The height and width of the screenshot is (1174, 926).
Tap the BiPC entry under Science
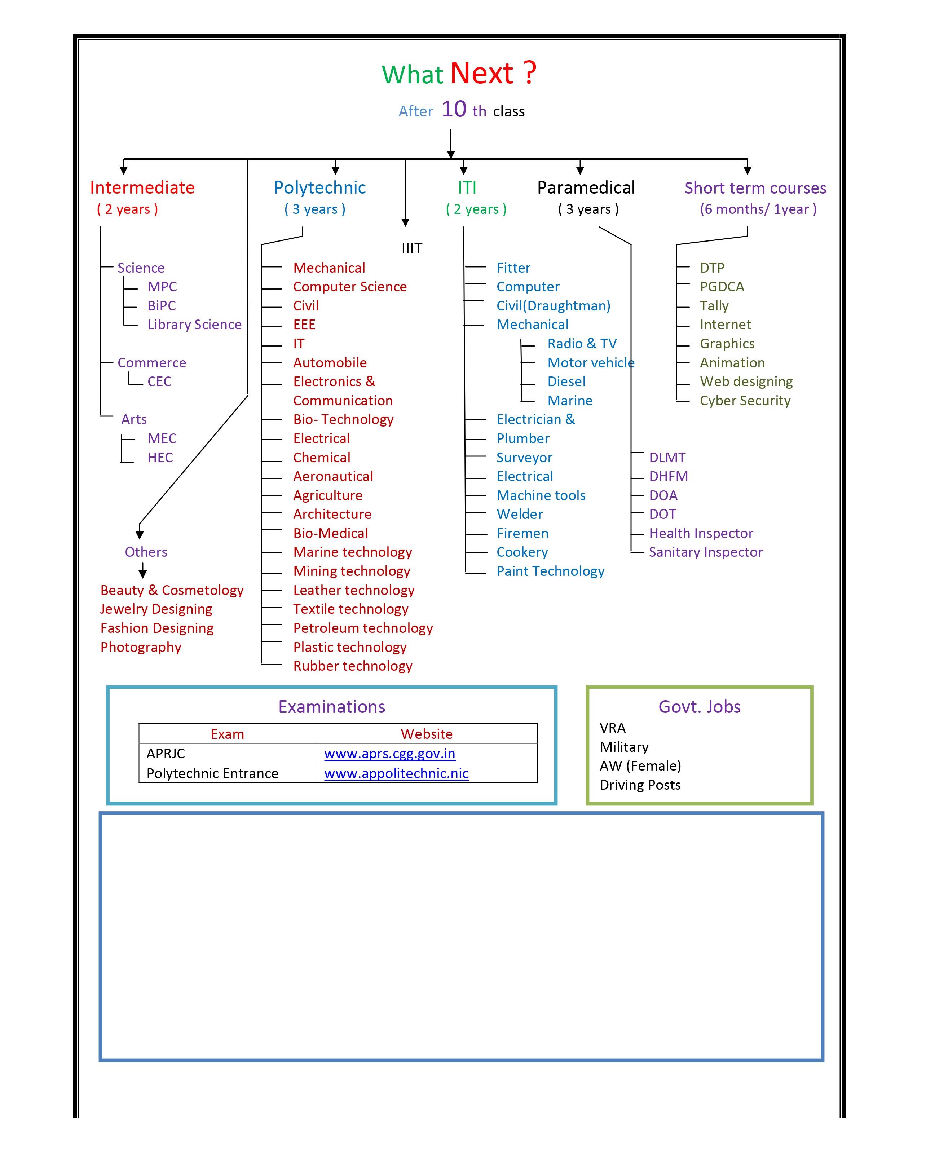click(162, 306)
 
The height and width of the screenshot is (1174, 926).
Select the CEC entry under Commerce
click(159, 381)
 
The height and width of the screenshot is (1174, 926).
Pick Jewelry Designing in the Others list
click(156, 609)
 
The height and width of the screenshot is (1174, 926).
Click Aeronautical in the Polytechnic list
click(333, 476)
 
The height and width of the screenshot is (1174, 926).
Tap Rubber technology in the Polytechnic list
click(353, 666)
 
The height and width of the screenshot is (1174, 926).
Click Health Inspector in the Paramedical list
click(701, 533)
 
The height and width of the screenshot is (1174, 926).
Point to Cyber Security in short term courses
click(745, 401)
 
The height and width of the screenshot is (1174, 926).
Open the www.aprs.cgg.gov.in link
click(390, 754)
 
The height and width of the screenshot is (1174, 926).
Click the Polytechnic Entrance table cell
click(228, 773)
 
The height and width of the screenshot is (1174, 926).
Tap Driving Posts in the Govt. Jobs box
click(640, 785)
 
